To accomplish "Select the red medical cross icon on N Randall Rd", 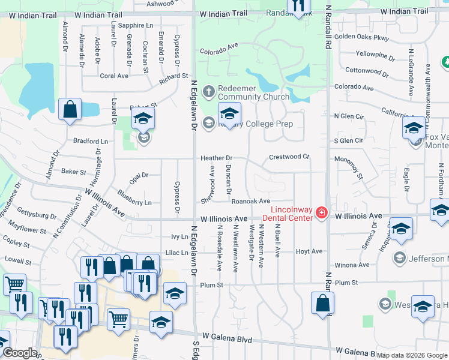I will (322, 213).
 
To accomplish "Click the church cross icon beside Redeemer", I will (208, 92).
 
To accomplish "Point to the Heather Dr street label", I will (216, 158).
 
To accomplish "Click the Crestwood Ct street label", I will (289, 157).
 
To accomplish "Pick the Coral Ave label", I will (114, 76).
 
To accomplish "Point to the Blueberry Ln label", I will (134, 199).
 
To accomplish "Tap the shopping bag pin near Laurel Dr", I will (70, 110).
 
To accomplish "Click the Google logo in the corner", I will (20, 353).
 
